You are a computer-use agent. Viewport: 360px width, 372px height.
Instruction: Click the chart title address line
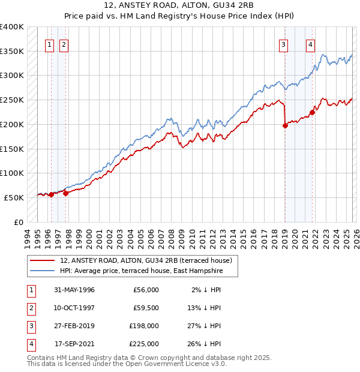point(179,7)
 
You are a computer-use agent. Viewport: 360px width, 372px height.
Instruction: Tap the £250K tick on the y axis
point(12,100)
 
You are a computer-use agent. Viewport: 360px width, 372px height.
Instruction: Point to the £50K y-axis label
point(14,197)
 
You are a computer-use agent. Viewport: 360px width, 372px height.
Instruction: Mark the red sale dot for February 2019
point(285,125)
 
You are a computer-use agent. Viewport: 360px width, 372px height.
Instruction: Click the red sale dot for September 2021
point(312,112)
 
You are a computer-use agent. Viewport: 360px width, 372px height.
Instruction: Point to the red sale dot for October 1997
point(65,193)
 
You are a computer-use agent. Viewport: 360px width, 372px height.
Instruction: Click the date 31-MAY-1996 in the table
point(74,290)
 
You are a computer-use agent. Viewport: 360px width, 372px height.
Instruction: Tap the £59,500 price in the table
point(146,308)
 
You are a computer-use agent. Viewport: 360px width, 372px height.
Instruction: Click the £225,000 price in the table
point(144,344)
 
